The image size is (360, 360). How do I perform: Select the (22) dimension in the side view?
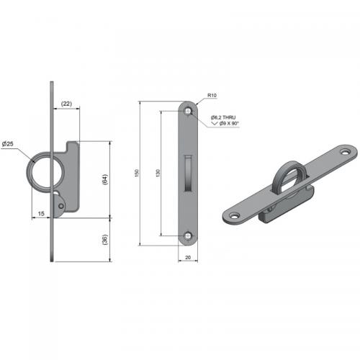tap(66, 104)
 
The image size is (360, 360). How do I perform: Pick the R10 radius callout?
tap(212, 95)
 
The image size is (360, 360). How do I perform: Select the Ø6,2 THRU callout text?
tap(224, 117)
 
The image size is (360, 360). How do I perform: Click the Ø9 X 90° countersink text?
tap(225, 124)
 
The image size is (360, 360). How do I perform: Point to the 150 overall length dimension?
tap(136, 173)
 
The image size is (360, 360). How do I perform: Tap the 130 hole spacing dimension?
tap(158, 173)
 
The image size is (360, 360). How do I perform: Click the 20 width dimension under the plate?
tap(188, 257)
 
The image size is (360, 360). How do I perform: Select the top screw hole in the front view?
tap(188, 111)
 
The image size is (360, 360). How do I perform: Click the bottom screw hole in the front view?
tap(188, 235)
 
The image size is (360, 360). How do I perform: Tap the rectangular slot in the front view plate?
tap(188, 174)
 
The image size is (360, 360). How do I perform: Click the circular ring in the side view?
tap(43, 174)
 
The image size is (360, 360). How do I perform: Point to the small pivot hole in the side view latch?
tap(62, 206)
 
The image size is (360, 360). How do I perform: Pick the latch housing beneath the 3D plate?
tap(284, 205)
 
